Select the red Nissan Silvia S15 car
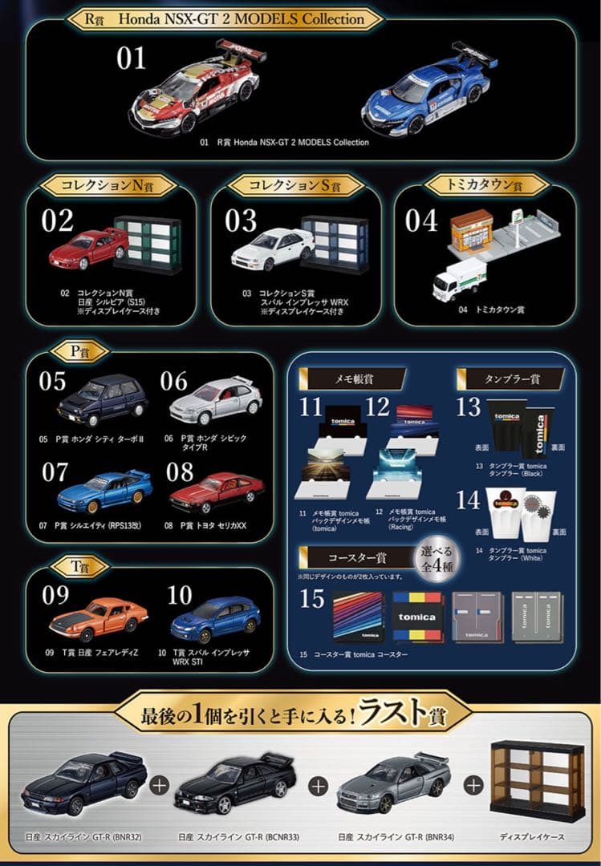pyautogui.click(x=87, y=248)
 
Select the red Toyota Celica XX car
pyautogui.click(x=217, y=492)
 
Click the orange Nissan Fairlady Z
pyautogui.click(x=99, y=618)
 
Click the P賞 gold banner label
pyautogui.click(x=75, y=350)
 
